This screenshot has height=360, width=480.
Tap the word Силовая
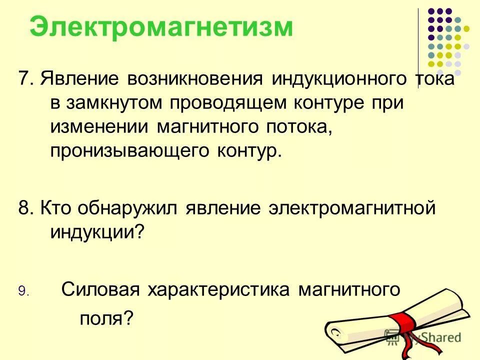pyautogui.click(x=99, y=289)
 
